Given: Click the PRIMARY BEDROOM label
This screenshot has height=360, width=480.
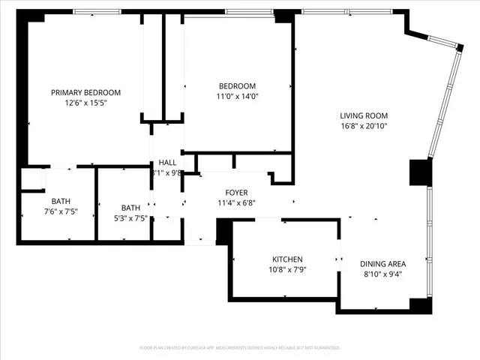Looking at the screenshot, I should point(85,92).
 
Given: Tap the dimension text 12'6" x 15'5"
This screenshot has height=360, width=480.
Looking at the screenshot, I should point(85,103).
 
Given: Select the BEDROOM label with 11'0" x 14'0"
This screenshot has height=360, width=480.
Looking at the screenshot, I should point(237,85).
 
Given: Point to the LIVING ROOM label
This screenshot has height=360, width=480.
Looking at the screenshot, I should point(364,115).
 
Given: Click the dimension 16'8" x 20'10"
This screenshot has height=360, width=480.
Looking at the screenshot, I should point(364,126).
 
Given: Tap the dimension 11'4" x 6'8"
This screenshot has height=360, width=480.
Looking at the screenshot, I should point(237,202).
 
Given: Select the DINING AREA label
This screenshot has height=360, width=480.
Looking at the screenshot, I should point(382,263).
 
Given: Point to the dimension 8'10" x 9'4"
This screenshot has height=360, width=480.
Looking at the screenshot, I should point(382,274).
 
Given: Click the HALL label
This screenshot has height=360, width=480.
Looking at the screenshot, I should point(166,163).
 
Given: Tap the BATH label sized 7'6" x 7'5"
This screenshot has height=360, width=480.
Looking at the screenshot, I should point(61,201).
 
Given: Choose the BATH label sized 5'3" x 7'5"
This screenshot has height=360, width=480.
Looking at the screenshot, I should point(130,208).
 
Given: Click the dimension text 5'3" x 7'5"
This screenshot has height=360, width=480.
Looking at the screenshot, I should point(130,218).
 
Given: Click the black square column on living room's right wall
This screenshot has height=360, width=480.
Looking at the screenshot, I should point(418,172).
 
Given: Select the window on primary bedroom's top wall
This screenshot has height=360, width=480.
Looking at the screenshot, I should point(98,11).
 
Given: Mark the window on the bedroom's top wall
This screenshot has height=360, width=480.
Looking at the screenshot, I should point(249,11).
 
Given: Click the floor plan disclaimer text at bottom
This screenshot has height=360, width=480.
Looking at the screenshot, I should point(240,348).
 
